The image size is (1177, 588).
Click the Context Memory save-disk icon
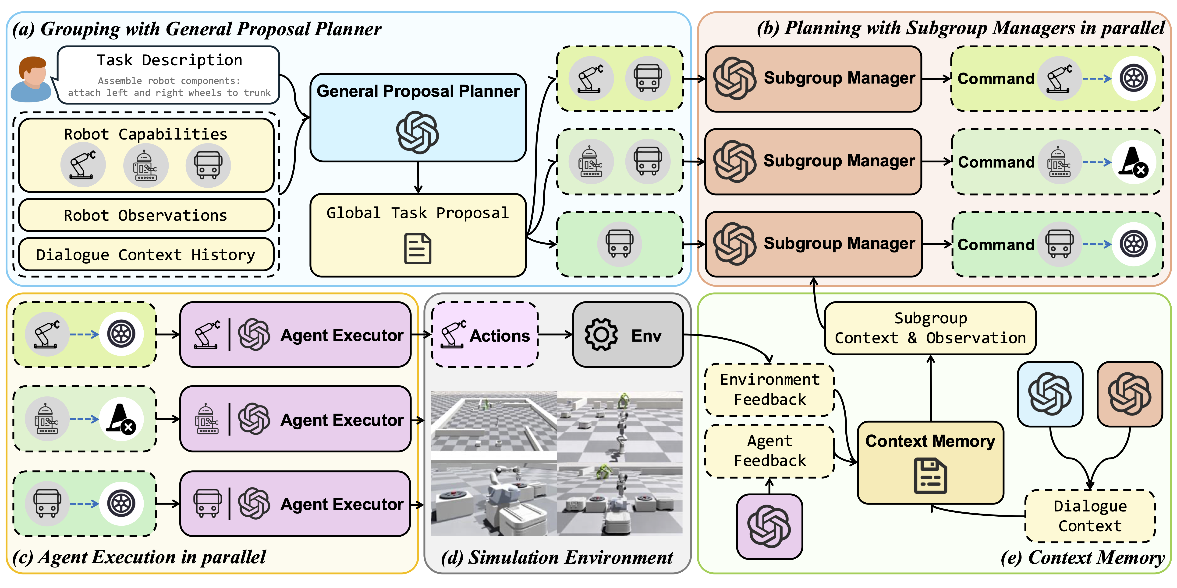tap(930, 476)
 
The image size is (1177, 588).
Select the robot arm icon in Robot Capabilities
tap(83, 165)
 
